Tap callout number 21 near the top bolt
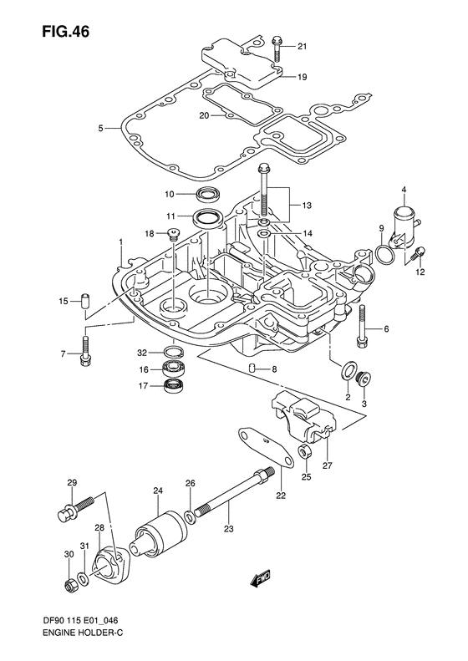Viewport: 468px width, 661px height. pos(302,46)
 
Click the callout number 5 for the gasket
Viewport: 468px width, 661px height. pos(100,128)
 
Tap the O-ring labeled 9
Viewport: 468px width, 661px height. pos(385,254)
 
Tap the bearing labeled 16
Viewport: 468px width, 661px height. pos(174,369)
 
